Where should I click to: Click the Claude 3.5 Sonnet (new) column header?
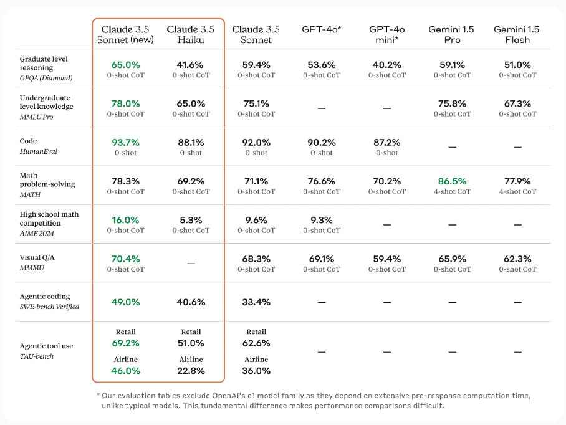click(x=125, y=34)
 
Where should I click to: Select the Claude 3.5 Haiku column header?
click(x=191, y=34)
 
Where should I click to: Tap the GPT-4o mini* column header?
click(x=387, y=34)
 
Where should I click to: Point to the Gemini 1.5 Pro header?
click(x=452, y=34)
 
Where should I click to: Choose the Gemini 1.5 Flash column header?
click(x=517, y=34)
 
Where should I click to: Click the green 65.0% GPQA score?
click(x=126, y=65)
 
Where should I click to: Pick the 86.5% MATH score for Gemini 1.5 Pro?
click(x=453, y=181)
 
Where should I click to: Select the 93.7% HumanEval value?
click(x=126, y=143)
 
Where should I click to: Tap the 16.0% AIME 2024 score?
click(x=126, y=220)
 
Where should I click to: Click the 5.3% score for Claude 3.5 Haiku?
click(x=191, y=220)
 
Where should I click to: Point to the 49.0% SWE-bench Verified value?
click(x=126, y=302)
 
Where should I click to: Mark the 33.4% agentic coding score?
click(x=256, y=302)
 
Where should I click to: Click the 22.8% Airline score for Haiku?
click(x=191, y=371)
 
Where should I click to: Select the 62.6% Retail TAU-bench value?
click(x=256, y=343)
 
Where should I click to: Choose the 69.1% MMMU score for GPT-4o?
click(x=322, y=259)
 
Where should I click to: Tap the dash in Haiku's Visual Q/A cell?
click(x=191, y=264)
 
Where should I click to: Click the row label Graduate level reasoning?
click(x=44, y=63)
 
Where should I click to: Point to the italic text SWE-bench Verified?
click(x=49, y=307)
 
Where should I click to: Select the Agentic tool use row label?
click(x=46, y=346)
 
